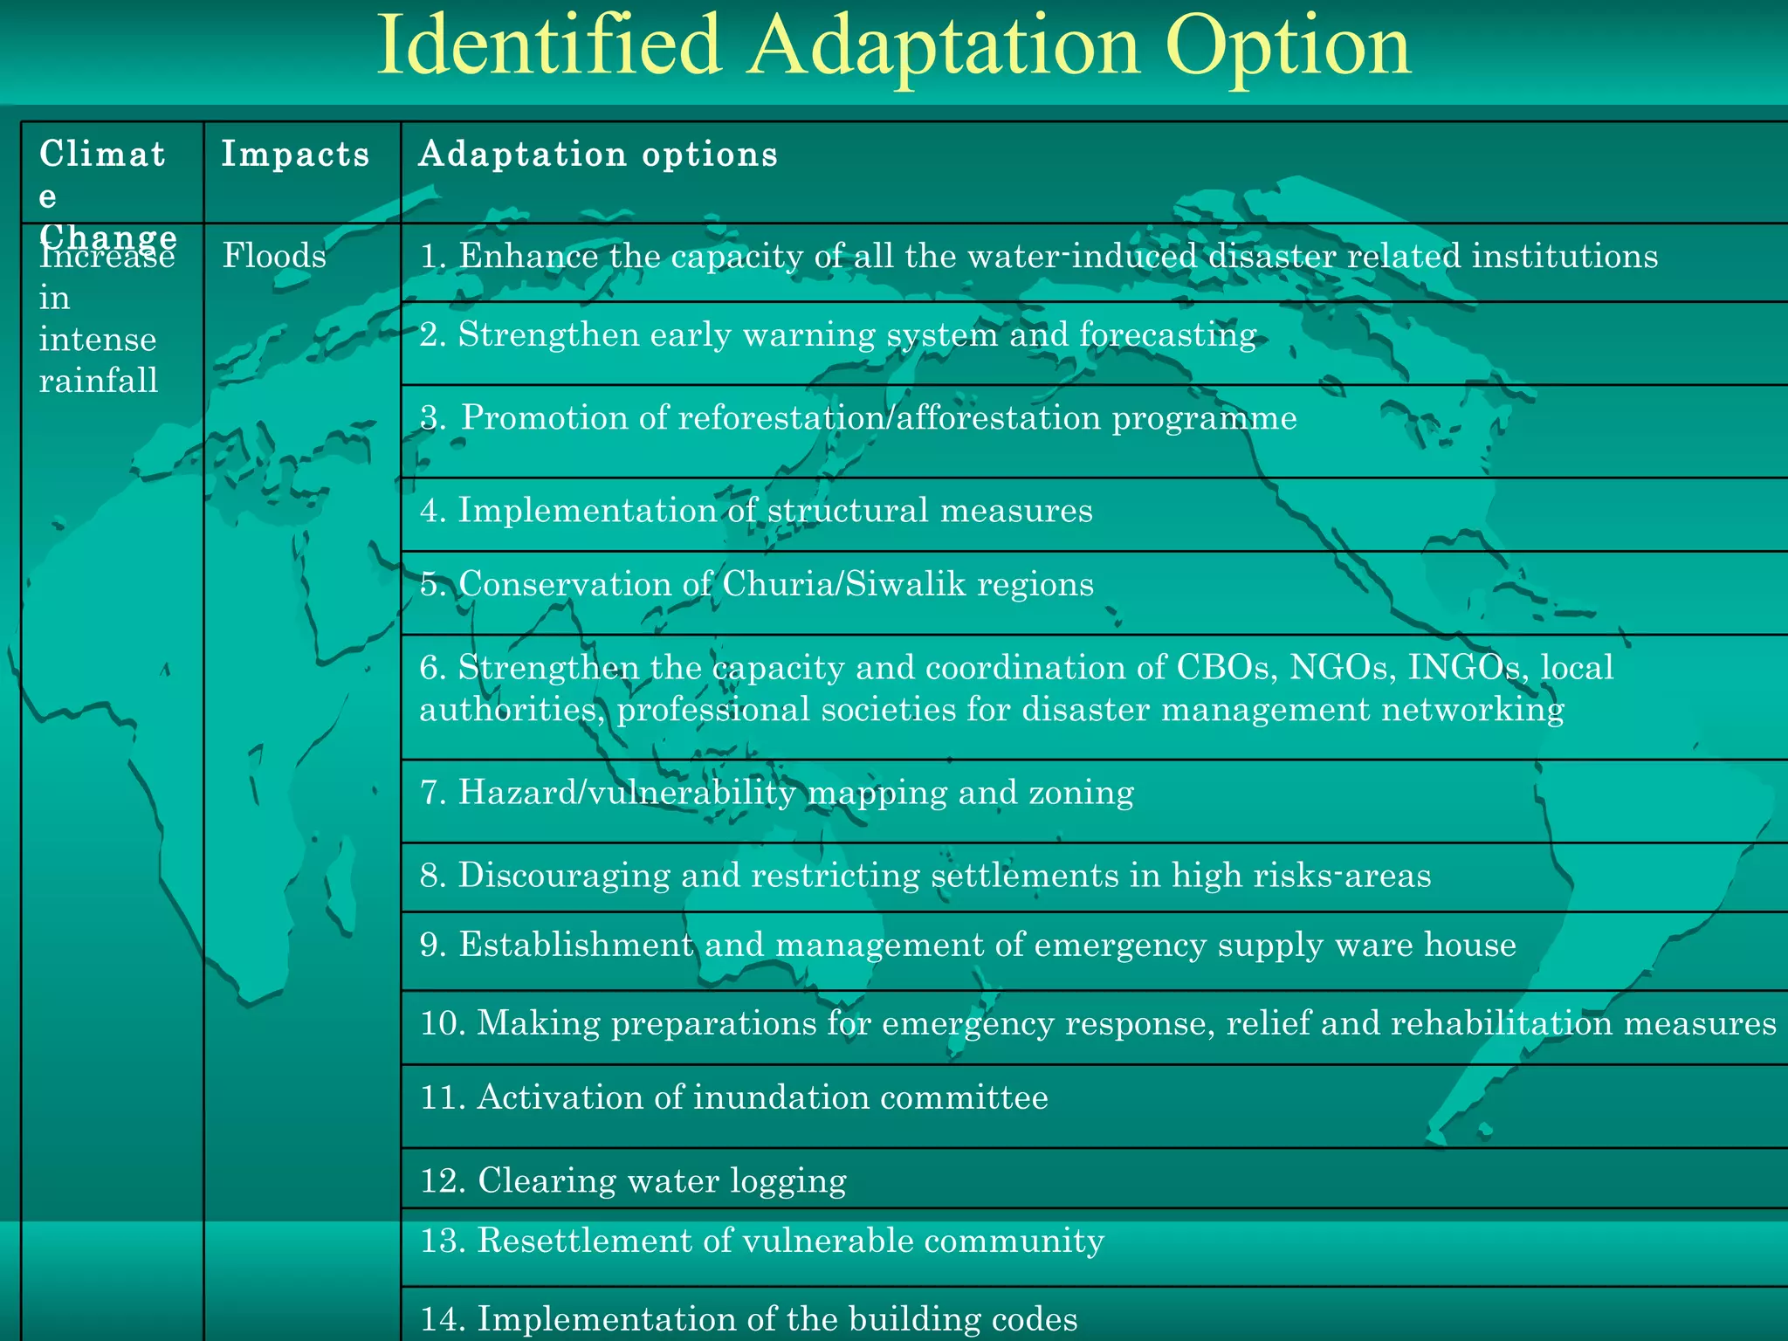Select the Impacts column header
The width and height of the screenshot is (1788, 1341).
coord(295,155)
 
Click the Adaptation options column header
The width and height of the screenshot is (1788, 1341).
coord(598,155)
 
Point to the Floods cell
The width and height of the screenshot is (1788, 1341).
coord(274,257)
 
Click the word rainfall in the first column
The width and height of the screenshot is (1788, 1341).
coord(99,381)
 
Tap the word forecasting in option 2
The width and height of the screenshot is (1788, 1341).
coord(1167,335)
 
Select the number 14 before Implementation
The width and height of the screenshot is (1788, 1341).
coord(441,1319)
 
